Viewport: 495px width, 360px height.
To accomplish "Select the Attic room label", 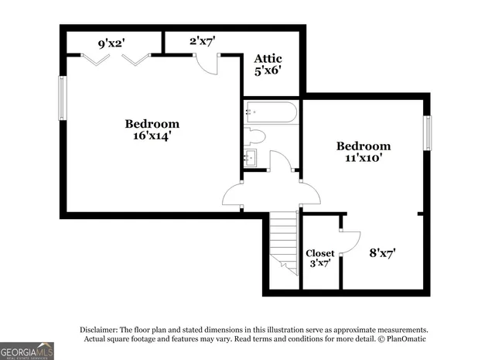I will coord(268,58).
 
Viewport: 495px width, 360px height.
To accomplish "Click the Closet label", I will coord(319,253).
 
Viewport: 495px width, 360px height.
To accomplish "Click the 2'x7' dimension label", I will coord(203,41).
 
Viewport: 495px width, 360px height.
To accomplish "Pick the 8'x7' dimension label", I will coord(383,252).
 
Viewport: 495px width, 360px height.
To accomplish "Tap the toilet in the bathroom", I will coord(254,138).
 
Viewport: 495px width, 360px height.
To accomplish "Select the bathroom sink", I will coord(251,158).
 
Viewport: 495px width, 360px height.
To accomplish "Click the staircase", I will coord(285,242).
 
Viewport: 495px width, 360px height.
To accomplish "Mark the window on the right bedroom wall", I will coord(427,133).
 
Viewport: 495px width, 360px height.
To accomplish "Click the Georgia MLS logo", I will coord(27,351).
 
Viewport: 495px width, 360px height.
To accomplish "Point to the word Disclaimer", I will coord(101,329).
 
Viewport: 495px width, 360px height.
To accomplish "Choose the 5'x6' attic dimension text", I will coord(268,70).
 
